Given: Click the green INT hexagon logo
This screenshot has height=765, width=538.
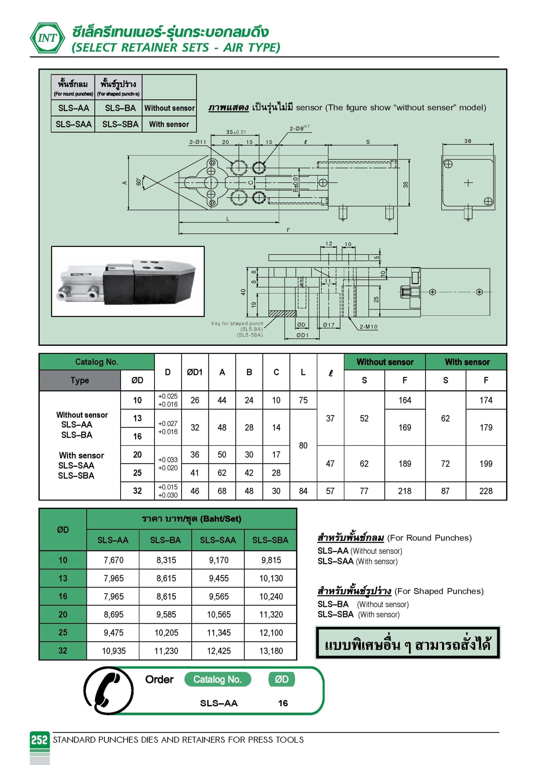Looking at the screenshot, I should click(47, 38).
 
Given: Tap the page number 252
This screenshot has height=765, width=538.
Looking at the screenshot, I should click(39, 740).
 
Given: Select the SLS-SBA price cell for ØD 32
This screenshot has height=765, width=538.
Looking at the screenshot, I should click(271, 651).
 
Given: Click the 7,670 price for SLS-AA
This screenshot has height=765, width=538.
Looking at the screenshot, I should click(113, 560).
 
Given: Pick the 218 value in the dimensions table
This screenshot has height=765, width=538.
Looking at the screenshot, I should click(405, 491).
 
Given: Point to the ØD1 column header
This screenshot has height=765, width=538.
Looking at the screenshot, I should click(195, 372).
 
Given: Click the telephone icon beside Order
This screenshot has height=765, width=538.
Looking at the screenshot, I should click(108, 691).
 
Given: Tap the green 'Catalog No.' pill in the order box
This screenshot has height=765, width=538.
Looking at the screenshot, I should click(217, 679).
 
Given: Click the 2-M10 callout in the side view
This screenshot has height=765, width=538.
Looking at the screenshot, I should click(368, 327).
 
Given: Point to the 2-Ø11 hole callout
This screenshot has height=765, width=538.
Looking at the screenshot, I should click(198, 142).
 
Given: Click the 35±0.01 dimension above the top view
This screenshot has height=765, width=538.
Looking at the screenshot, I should click(236, 132).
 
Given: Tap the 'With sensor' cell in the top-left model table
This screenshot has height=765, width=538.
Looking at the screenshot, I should click(169, 124).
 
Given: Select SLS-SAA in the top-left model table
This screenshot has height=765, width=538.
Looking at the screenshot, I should click(73, 124).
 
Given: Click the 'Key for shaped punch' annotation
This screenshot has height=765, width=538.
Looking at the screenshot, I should click(237, 324).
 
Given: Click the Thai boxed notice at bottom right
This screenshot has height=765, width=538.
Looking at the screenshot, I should click(407, 643).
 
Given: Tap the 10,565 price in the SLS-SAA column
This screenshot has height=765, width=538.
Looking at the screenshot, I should click(219, 614).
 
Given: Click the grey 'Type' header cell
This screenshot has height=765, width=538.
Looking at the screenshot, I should click(80, 380).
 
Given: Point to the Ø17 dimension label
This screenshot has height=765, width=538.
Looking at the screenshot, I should click(329, 325).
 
